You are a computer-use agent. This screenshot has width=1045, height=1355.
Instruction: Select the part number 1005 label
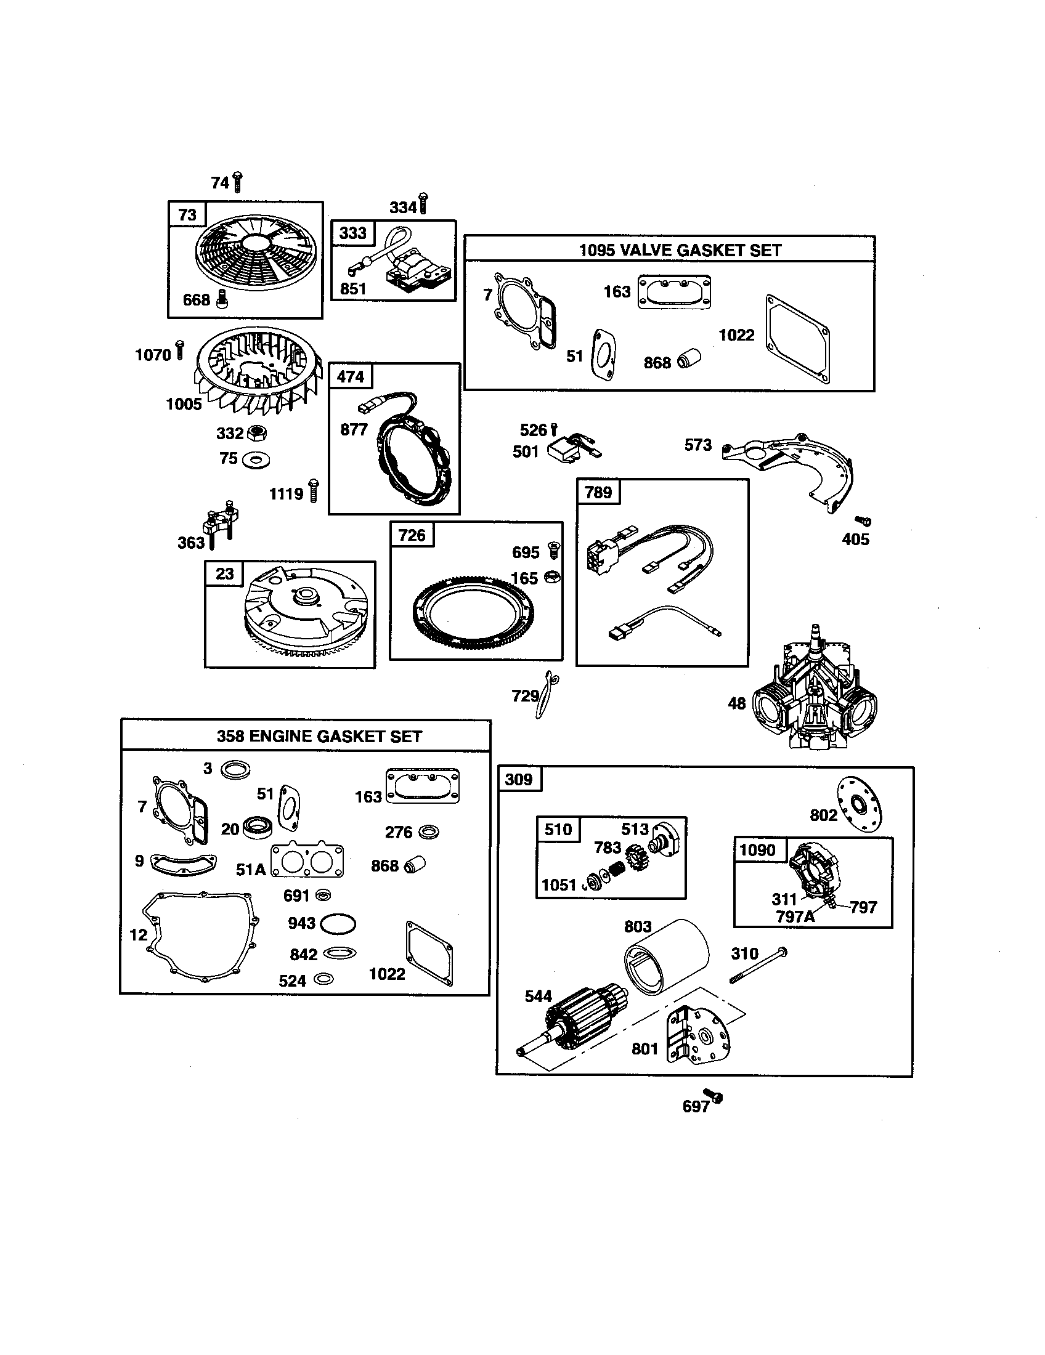click(184, 405)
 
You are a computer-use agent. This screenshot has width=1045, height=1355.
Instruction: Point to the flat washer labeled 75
click(256, 460)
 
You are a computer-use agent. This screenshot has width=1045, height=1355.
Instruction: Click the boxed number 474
click(351, 376)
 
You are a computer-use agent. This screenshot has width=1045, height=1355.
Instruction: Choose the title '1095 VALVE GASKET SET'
click(680, 250)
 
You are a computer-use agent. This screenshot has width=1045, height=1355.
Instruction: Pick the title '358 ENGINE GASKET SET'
click(319, 737)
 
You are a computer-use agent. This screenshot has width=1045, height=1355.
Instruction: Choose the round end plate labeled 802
click(859, 805)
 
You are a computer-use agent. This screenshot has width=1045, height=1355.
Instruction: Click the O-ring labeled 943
click(338, 924)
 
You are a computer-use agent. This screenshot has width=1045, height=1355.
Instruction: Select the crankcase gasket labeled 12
click(197, 937)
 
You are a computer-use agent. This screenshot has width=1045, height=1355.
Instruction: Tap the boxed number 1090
click(758, 850)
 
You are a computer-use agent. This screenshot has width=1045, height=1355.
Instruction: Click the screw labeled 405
click(863, 521)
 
